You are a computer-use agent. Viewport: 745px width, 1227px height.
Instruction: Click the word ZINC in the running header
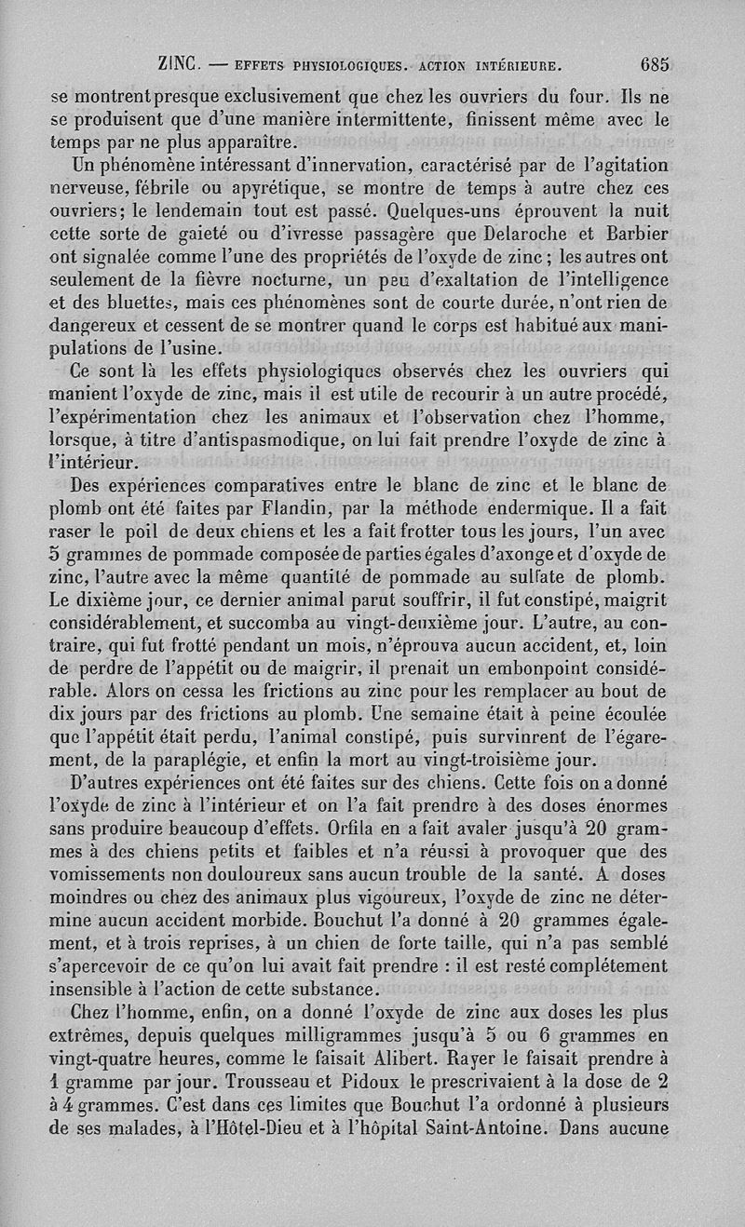(x=181, y=65)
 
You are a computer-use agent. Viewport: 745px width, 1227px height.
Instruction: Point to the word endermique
(x=542, y=508)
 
